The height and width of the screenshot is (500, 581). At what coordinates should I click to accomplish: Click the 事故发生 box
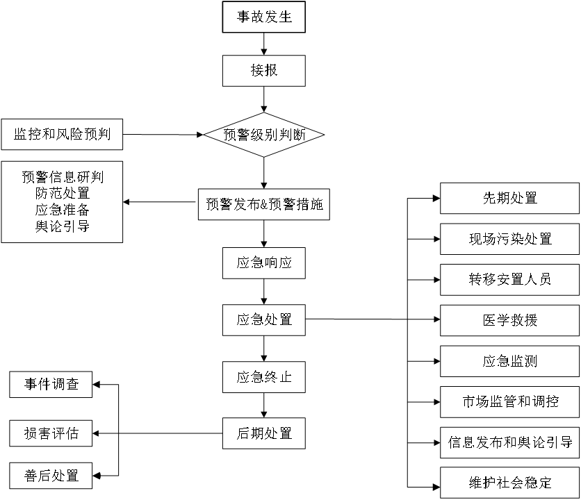(x=263, y=17)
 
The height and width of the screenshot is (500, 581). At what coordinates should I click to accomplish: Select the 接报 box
(x=263, y=71)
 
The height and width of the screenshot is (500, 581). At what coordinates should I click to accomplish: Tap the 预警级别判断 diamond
(x=264, y=135)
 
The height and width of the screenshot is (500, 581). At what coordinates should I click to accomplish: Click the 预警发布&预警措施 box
(x=263, y=205)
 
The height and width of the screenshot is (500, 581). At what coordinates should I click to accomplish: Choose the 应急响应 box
(x=263, y=263)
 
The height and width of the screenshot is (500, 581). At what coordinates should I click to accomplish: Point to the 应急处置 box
(x=263, y=320)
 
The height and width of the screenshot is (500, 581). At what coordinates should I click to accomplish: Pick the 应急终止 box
(x=263, y=377)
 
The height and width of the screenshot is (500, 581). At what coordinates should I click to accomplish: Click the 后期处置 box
(x=263, y=433)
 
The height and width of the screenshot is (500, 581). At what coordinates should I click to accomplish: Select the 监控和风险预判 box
(x=62, y=135)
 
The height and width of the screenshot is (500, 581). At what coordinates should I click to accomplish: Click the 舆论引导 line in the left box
(x=62, y=226)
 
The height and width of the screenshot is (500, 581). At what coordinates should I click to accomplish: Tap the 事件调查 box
(x=51, y=384)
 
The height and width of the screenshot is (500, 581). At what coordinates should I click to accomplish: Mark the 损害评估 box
(x=51, y=434)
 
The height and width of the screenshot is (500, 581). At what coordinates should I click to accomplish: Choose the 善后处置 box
(x=51, y=476)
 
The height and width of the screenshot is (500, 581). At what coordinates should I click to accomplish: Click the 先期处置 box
(x=510, y=198)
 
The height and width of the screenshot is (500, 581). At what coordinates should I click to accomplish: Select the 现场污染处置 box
(x=510, y=239)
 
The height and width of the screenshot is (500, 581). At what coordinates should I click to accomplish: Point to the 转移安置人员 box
(x=510, y=279)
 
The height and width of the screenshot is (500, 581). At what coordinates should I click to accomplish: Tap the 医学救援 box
(x=510, y=320)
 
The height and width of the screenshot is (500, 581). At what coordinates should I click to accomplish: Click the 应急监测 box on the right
(x=510, y=361)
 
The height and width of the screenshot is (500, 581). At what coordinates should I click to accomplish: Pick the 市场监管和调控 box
(x=510, y=401)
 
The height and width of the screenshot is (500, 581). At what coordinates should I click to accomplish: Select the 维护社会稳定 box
(x=510, y=483)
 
